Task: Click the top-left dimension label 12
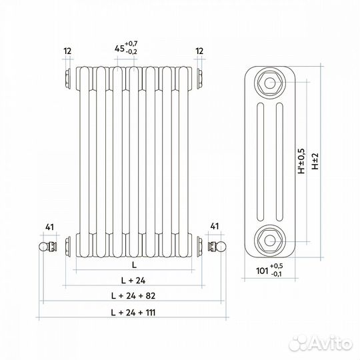pyautogui.click(x=68, y=51)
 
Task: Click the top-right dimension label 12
pyautogui.click(x=199, y=51)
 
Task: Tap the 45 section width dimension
pyautogui.click(x=119, y=49)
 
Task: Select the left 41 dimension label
pyautogui.click(x=49, y=227)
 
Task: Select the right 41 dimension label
pyautogui.click(x=214, y=227)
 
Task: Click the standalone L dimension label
pyautogui.click(x=134, y=265)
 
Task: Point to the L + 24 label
pyautogui.click(x=133, y=280)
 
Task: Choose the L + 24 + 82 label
pyautogui.click(x=133, y=296)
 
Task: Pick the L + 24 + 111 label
pyautogui.click(x=133, y=313)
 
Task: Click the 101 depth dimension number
pyautogui.click(x=262, y=271)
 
